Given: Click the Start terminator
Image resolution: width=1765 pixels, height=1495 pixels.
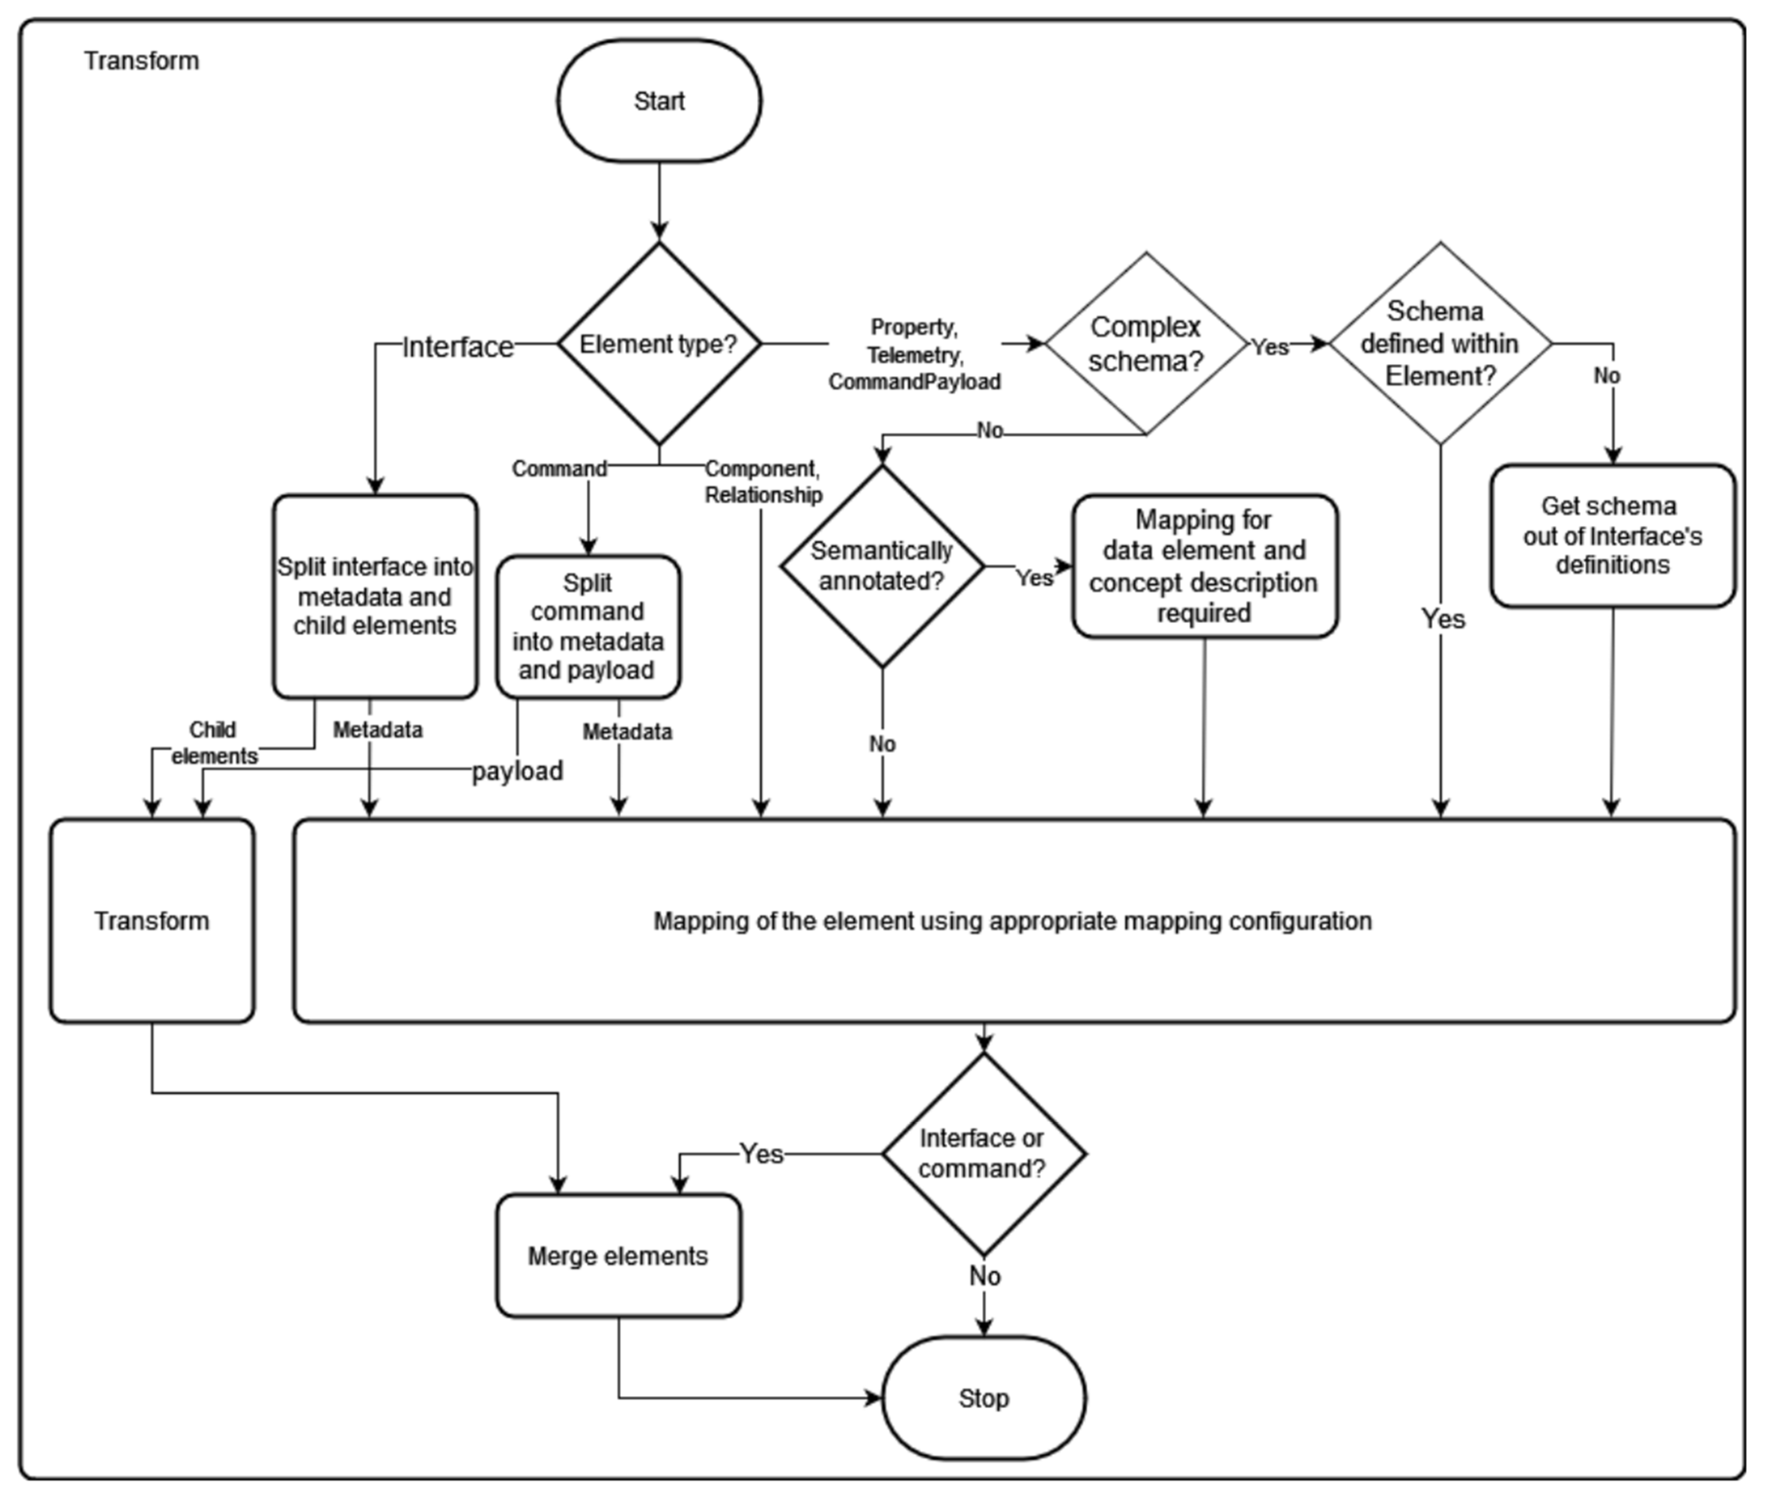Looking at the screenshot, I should (x=659, y=101).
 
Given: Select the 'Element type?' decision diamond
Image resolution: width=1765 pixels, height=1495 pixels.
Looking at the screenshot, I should (x=659, y=344).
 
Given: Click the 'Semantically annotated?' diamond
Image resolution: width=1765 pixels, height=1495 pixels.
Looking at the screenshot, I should (x=882, y=566).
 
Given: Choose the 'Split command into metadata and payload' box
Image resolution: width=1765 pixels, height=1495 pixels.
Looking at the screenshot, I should (x=588, y=627).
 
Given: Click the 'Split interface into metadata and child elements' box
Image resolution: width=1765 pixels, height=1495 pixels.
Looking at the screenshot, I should (x=375, y=597).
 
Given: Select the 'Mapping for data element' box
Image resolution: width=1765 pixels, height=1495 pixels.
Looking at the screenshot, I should (x=1204, y=566).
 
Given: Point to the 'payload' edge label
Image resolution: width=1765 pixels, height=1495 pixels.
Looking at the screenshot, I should (x=517, y=770).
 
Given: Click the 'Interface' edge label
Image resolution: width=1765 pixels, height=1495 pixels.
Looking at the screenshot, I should (x=458, y=347).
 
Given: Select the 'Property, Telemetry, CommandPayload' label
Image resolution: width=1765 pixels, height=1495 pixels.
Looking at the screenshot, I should (x=914, y=354).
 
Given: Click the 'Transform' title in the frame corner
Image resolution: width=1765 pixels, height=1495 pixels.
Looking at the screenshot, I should (x=141, y=61).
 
